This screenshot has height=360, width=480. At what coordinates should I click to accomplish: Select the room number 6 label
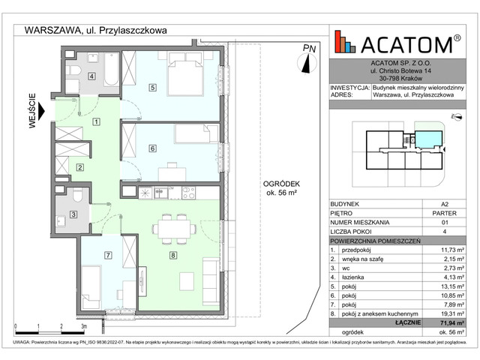click(152, 148)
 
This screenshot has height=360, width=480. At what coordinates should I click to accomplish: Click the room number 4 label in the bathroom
click(91, 76)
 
